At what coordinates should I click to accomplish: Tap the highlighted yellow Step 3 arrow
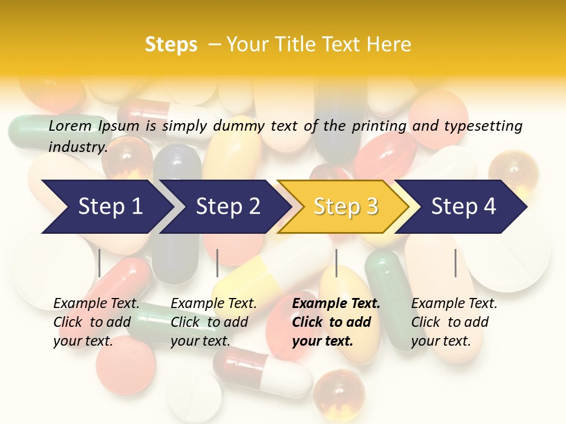point(345,207)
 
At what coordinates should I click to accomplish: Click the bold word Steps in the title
point(171,45)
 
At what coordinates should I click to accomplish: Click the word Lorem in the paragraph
point(70,125)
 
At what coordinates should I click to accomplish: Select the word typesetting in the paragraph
point(483,125)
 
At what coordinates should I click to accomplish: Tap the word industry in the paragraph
point(78,147)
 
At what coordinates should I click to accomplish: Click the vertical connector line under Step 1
point(100,263)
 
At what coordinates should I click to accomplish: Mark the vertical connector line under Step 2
point(218,263)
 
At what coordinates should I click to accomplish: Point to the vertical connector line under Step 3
point(336,263)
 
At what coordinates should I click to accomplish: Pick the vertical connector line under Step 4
point(455,263)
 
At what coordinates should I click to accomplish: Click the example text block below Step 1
point(96,322)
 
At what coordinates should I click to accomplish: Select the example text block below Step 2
point(213,322)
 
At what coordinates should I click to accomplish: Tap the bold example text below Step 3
point(336,322)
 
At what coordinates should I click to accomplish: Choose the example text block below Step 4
point(454,322)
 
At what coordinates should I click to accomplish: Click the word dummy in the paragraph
point(241,125)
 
